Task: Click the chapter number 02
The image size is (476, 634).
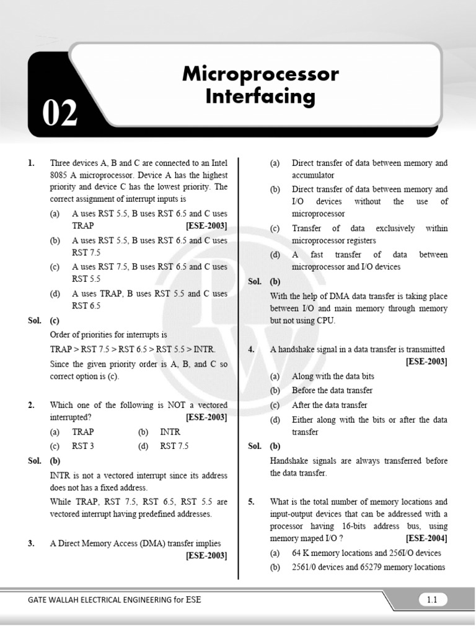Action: pos(60,115)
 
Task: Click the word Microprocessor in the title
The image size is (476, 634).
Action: pos(260,74)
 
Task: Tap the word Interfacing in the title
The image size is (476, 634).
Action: pos(260,97)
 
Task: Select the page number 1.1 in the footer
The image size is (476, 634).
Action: pos(432,599)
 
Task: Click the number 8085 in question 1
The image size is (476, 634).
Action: pos(60,175)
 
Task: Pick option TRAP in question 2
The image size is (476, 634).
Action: pos(83,432)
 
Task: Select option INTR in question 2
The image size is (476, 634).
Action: pos(170,432)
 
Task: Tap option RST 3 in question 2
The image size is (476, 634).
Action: pos(83,446)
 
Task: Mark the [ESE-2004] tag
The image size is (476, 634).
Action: pos(426,539)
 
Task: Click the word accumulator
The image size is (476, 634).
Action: pos(313,175)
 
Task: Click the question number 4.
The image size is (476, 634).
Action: pos(252,350)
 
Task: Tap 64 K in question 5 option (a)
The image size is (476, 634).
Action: pos(301,553)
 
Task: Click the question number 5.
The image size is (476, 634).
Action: pos(252,502)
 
